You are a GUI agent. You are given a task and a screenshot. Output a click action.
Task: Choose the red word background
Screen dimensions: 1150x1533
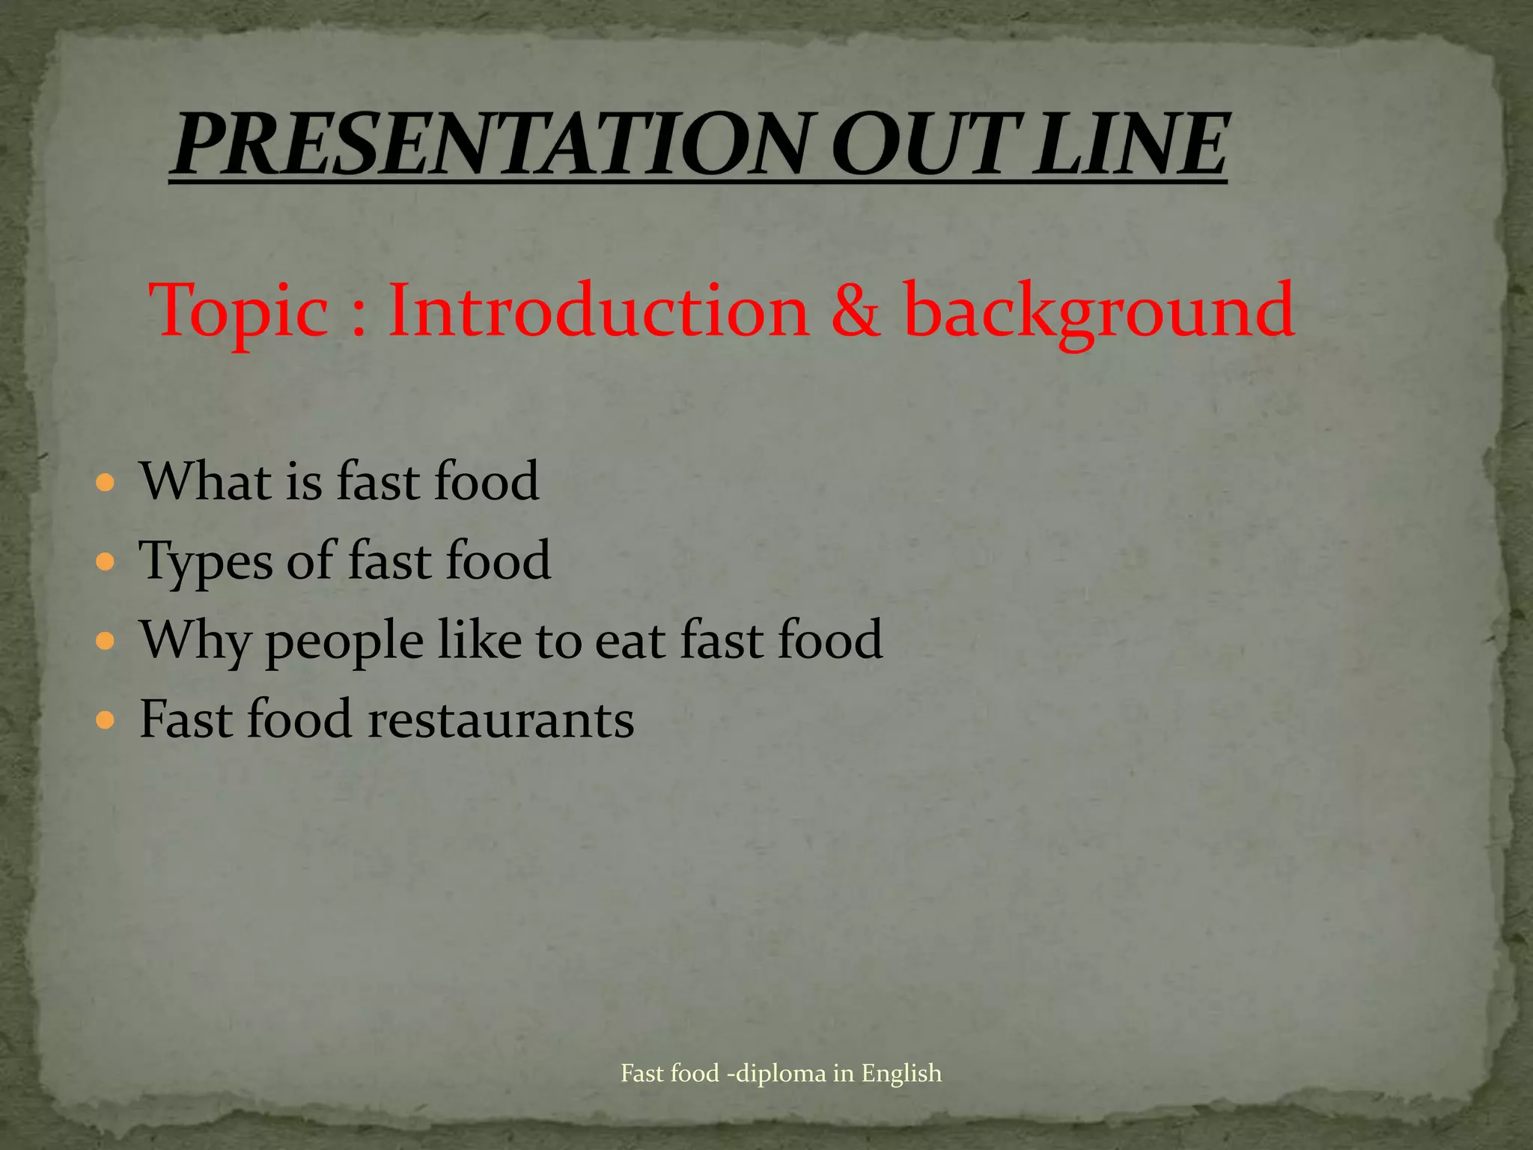(x=1099, y=311)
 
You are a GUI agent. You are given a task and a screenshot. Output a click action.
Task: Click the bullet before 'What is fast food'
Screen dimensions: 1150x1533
(x=106, y=481)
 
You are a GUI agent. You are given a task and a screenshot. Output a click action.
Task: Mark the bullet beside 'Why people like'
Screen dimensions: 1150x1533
(x=106, y=641)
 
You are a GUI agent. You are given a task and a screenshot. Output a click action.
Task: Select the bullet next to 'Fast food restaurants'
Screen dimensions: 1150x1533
(x=106, y=720)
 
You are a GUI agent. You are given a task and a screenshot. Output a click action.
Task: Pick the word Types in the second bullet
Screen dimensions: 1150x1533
(x=206, y=562)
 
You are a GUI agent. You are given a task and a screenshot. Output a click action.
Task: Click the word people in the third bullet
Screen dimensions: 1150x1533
(x=344, y=642)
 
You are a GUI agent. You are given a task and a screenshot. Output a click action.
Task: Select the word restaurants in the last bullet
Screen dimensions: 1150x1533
(x=501, y=719)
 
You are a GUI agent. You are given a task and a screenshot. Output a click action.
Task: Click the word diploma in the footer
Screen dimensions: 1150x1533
(x=782, y=1074)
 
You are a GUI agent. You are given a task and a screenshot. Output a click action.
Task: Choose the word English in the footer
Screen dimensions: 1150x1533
(x=901, y=1074)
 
